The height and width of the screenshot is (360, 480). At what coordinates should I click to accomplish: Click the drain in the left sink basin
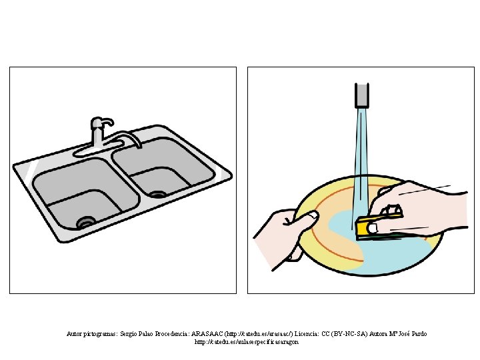[86, 221]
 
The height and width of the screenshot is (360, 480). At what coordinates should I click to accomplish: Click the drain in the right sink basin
[158, 194]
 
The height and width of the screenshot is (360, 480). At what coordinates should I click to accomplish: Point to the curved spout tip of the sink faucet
[139, 145]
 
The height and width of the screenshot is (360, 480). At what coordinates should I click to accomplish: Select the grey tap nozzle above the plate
[362, 95]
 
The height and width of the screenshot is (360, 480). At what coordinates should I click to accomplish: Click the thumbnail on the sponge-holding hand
[373, 228]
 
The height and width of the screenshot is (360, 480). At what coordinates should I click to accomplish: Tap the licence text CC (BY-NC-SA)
[345, 334]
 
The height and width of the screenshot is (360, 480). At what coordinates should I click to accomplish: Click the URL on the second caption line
[247, 342]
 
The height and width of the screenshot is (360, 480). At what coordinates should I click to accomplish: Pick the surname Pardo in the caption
[419, 334]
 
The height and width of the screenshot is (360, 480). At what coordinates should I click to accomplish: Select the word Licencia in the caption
[307, 334]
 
